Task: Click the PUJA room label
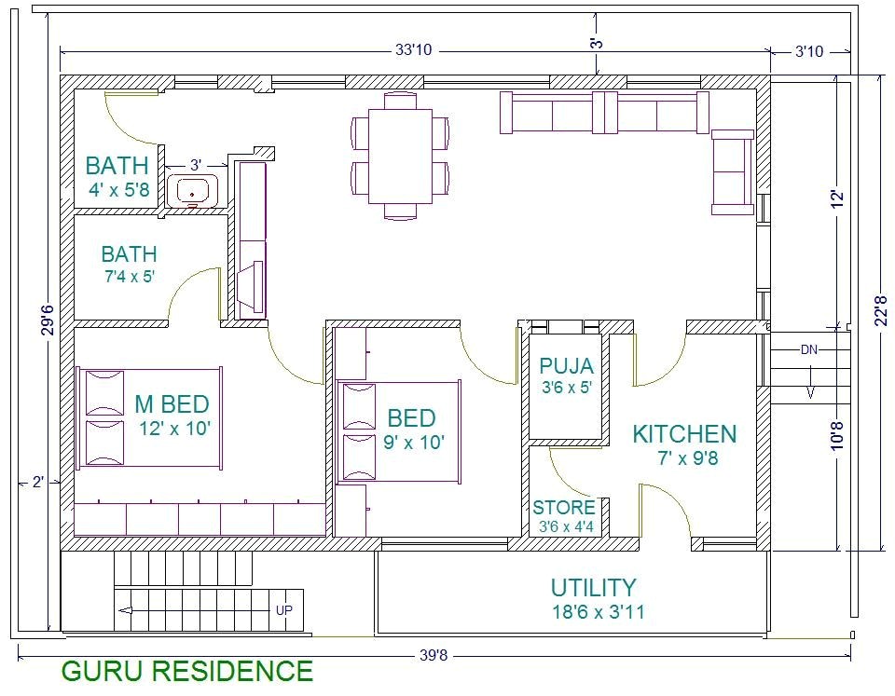[x=566, y=366]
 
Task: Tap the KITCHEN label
[x=684, y=434]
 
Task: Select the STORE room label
[x=563, y=508]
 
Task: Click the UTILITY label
[x=593, y=588]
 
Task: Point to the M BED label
[x=172, y=404]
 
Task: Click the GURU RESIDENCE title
[x=186, y=671]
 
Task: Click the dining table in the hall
[x=400, y=157]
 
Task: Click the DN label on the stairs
[x=809, y=350]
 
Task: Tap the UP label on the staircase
[x=284, y=610]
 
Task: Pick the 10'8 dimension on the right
[x=837, y=438]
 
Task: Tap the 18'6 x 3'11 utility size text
[x=598, y=612]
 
